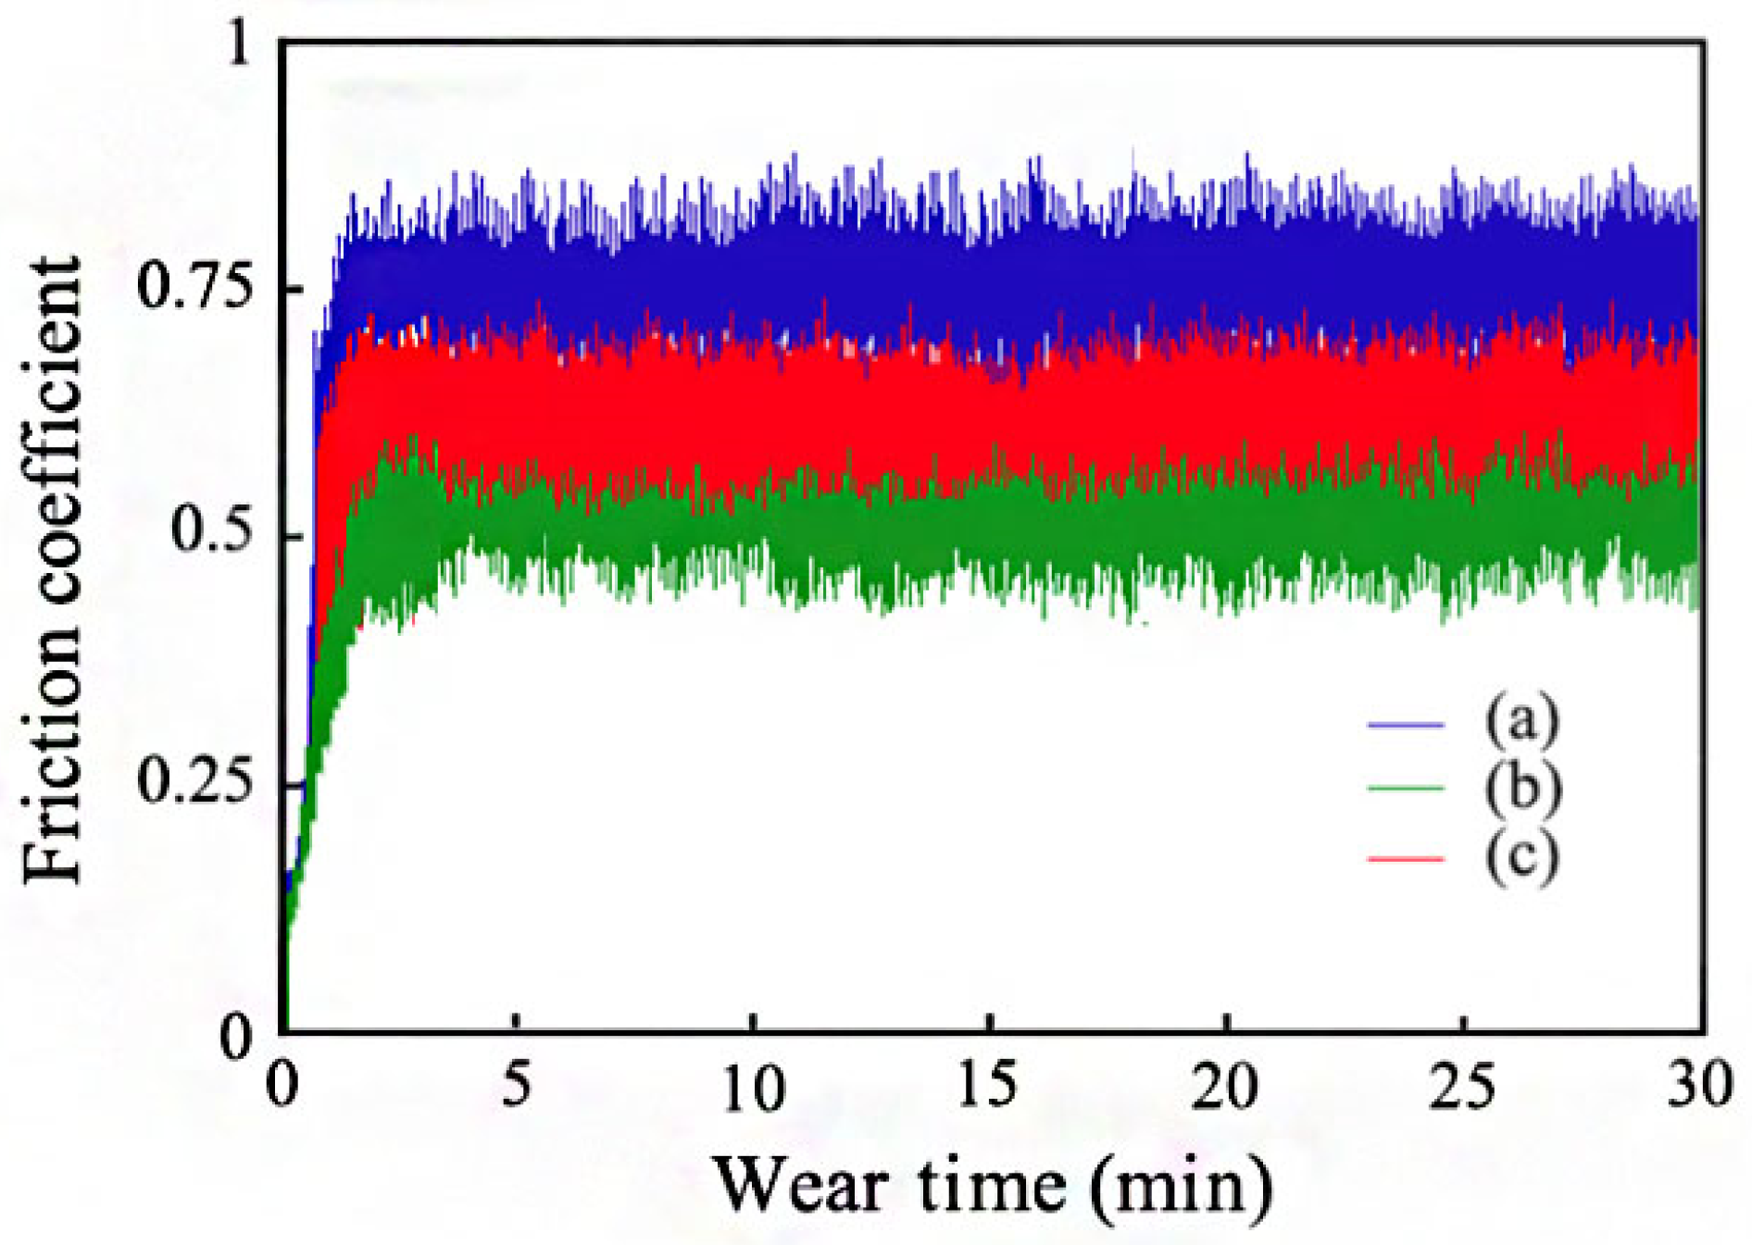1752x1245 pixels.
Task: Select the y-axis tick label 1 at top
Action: pos(239,44)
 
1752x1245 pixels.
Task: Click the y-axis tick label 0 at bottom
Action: pos(235,1036)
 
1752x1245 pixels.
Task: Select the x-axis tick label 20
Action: pos(1224,1085)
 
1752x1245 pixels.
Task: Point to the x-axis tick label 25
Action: pos(1461,1085)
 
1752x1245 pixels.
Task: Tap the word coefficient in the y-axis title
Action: pos(54,431)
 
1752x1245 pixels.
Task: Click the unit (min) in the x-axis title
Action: pos(1180,1188)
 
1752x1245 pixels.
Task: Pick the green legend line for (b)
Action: pos(1405,789)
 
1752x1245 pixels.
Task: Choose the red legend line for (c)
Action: pos(1405,859)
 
